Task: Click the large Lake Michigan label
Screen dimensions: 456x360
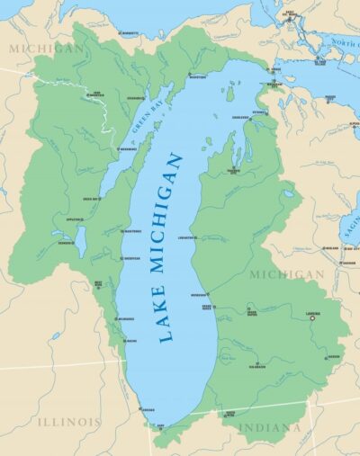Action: (x=171, y=247)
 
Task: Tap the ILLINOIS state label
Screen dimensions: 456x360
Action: (x=68, y=421)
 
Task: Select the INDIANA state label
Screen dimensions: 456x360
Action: (x=269, y=427)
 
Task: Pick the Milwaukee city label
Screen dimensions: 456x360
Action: (x=125, y=318)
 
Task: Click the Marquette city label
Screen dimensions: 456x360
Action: (x=130, y=33)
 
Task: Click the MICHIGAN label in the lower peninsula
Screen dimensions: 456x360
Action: (x=287, y=273)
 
